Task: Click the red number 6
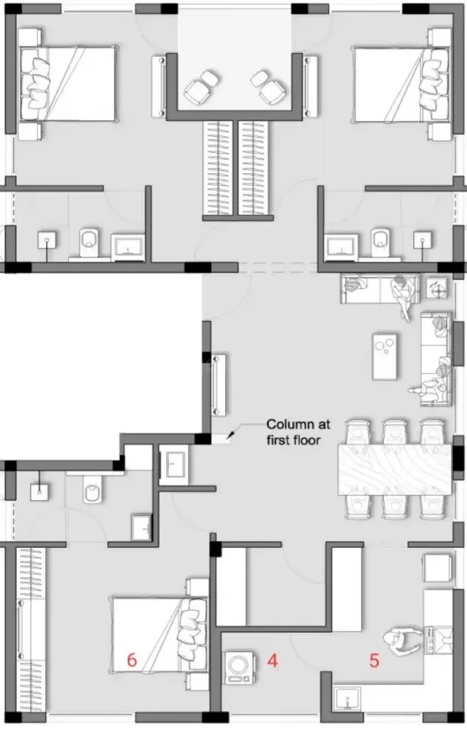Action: click(x=131, y=660)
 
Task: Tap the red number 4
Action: click(x=271, y=660)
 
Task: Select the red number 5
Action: click(x=374, y=660)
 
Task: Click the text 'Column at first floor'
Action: click(x=293, y=431)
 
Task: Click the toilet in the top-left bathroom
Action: click(x=87, y=242)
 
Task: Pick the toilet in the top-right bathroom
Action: click(x=380, y=242)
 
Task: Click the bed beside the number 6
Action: click(x=158, y=634)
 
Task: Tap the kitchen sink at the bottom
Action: click(x=345, y=699)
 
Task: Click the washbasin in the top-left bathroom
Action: click(x=129, y=245)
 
